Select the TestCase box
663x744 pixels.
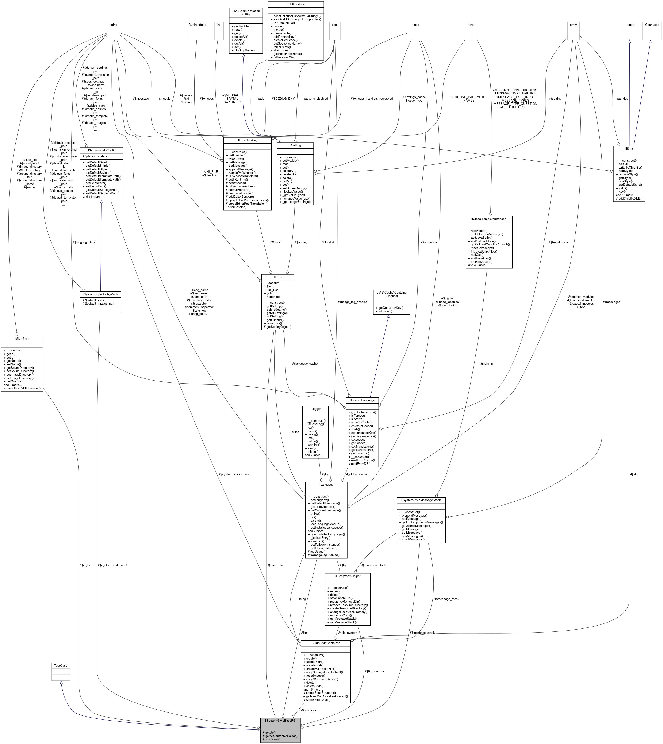coord(61,665)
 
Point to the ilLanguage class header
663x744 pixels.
coord(326,484)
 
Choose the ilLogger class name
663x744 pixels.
coord(315,409)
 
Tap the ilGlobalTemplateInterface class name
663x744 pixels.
coord(488,219)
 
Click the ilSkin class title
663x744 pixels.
coord(629,148)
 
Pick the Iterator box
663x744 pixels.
coord(629,25)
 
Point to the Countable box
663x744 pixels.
coord(652,25)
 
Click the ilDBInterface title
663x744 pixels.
coord(295,4)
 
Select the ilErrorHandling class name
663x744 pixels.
coord(247,140)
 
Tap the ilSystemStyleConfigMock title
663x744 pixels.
coord(100,294)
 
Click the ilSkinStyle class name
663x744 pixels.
coord(22,339)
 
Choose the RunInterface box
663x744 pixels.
coord(197,25)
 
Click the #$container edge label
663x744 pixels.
coord(308,710)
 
